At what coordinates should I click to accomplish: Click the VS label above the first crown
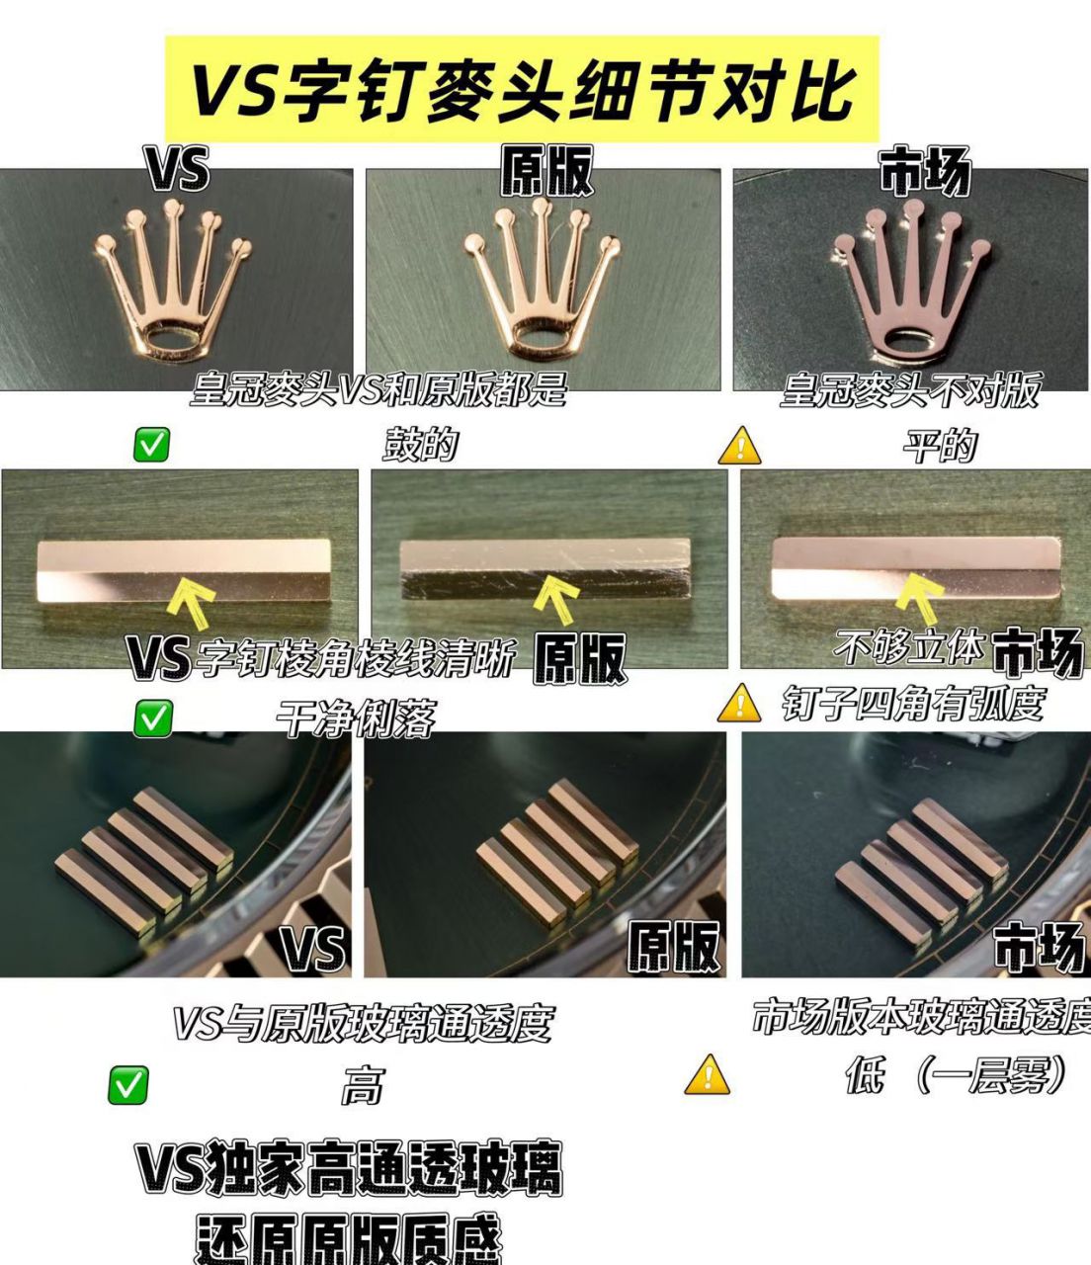pyautogui.click(x=179, y=169)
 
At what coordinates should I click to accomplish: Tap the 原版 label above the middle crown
pyautogui.click(x=545, y=171)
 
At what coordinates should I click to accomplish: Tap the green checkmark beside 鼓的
pyautogui.click(x=151, y=446)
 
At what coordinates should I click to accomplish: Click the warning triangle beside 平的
pyautogui.click(x=739, y=447)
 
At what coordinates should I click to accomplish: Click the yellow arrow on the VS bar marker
pyautogui.click(x=192, y=602)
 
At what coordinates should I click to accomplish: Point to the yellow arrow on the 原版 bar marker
pyautogui.click(x=556, y=602)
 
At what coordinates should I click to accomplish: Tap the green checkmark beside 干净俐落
pyautogui.click(x=151, y=717)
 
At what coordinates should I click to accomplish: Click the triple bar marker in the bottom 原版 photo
pyautogui.click(x=552, y=849)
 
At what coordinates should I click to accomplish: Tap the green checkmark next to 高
pyautogui.click(x=127, y=1085)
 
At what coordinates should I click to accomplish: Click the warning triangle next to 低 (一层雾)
pyautogui.click(x=707, y=1074)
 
